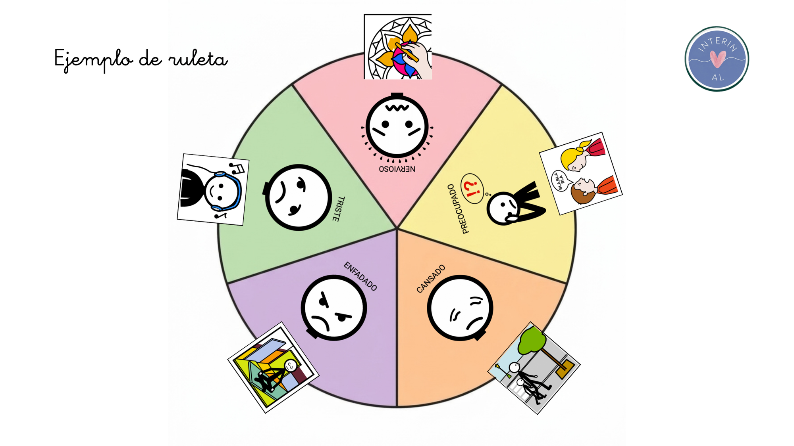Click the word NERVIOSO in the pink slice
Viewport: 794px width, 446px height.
pyautogui.click(x=397, y=169)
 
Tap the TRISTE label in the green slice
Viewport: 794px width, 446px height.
pyautogui.click(x=339, y=209)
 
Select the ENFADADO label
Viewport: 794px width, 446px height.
pyautogui.click(x=360, y=276)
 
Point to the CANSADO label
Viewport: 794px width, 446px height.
pyautogui.click(x=431, y=279)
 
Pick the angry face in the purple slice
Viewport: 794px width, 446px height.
pyautogui.click(x=333, y=308)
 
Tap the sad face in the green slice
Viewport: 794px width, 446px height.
pyautogui.click(x=298, y=197)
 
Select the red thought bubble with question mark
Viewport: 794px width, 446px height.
pyautogui.click(x=472, y=188)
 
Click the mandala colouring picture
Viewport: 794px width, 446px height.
pyautogui.click(x=398, y=47)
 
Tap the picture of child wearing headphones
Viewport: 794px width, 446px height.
pyautogui.click(x=213, y=190)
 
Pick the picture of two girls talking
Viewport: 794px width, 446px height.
pyautogui.click(x=581, y=174)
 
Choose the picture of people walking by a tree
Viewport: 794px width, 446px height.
pyautogui.click(x=534, y=368)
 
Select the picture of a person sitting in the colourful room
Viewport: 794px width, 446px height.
pyautogui.click(x=273, y=368)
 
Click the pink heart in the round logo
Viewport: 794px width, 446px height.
pyautogui.click(x=718, y=59)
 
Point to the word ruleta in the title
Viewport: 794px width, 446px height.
pyautogui.click(x=198, y=59)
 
